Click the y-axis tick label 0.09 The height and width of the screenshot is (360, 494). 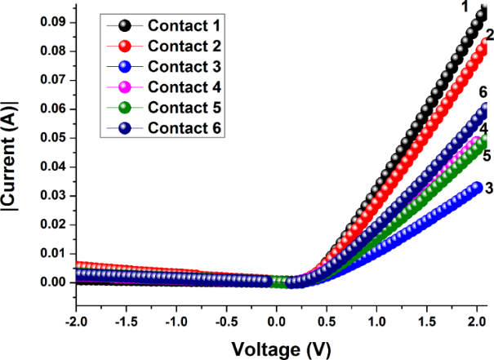point(52,22)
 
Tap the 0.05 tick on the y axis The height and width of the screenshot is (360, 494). point(52,138)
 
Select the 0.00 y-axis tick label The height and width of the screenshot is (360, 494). point(52,282)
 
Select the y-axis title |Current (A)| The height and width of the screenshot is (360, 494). point(14,160)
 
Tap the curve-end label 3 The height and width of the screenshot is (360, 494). point(487,188)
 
